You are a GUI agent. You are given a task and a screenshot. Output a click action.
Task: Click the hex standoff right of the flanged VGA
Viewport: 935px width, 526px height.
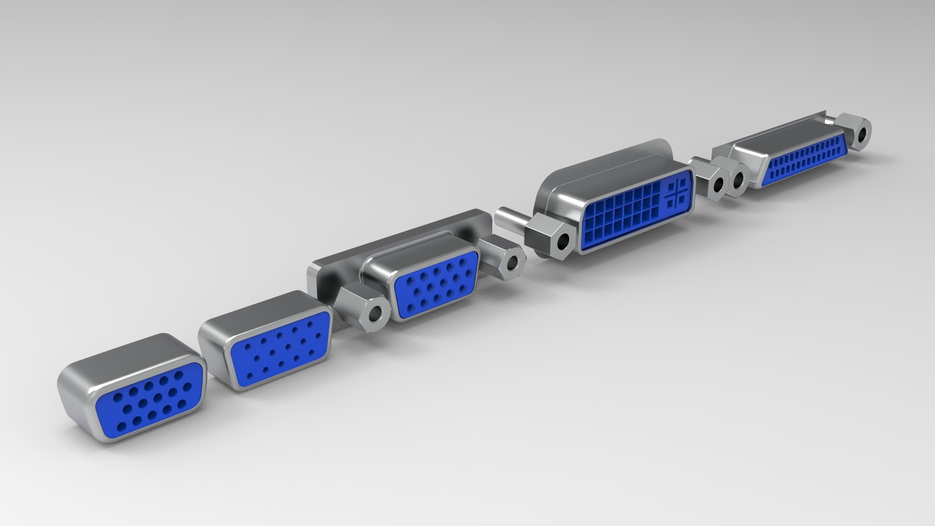point(506,262)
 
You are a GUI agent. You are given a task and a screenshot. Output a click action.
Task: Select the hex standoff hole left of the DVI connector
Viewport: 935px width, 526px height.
point(563,241)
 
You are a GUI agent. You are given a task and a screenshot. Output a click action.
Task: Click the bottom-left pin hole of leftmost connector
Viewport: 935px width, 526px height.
point(122,427)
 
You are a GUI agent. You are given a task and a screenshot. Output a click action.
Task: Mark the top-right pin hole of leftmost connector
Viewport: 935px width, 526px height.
point(179,375)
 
